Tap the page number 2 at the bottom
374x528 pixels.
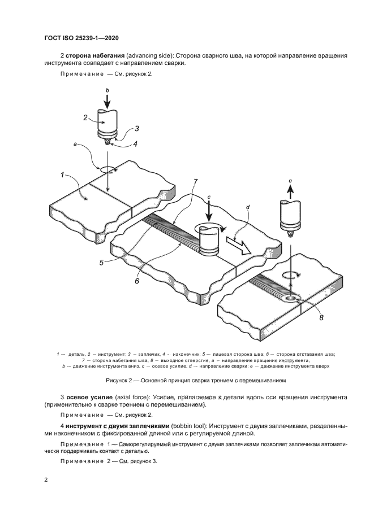coord(46,479)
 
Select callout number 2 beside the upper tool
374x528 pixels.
coord(85,117)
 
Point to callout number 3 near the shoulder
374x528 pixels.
coord(136,129)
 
